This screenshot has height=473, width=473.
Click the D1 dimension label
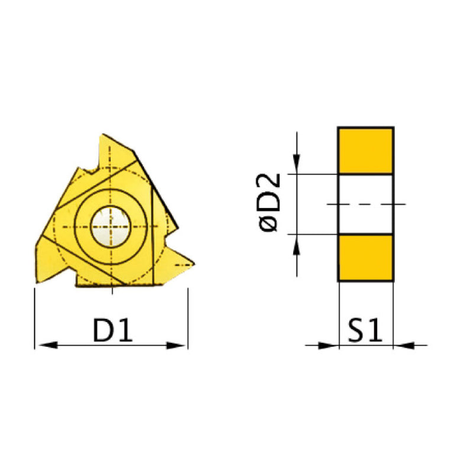click(112, 331)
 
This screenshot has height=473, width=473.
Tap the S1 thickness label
click(365, 331)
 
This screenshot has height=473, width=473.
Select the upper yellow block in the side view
click(365, 150)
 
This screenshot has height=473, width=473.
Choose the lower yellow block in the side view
click(365, 258)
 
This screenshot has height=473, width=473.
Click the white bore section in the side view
click(365, 204)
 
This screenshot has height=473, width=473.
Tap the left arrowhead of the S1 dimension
click(328, 345)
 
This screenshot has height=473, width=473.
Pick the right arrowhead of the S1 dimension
click(403, 345)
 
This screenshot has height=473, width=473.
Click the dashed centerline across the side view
click(367, 204)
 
